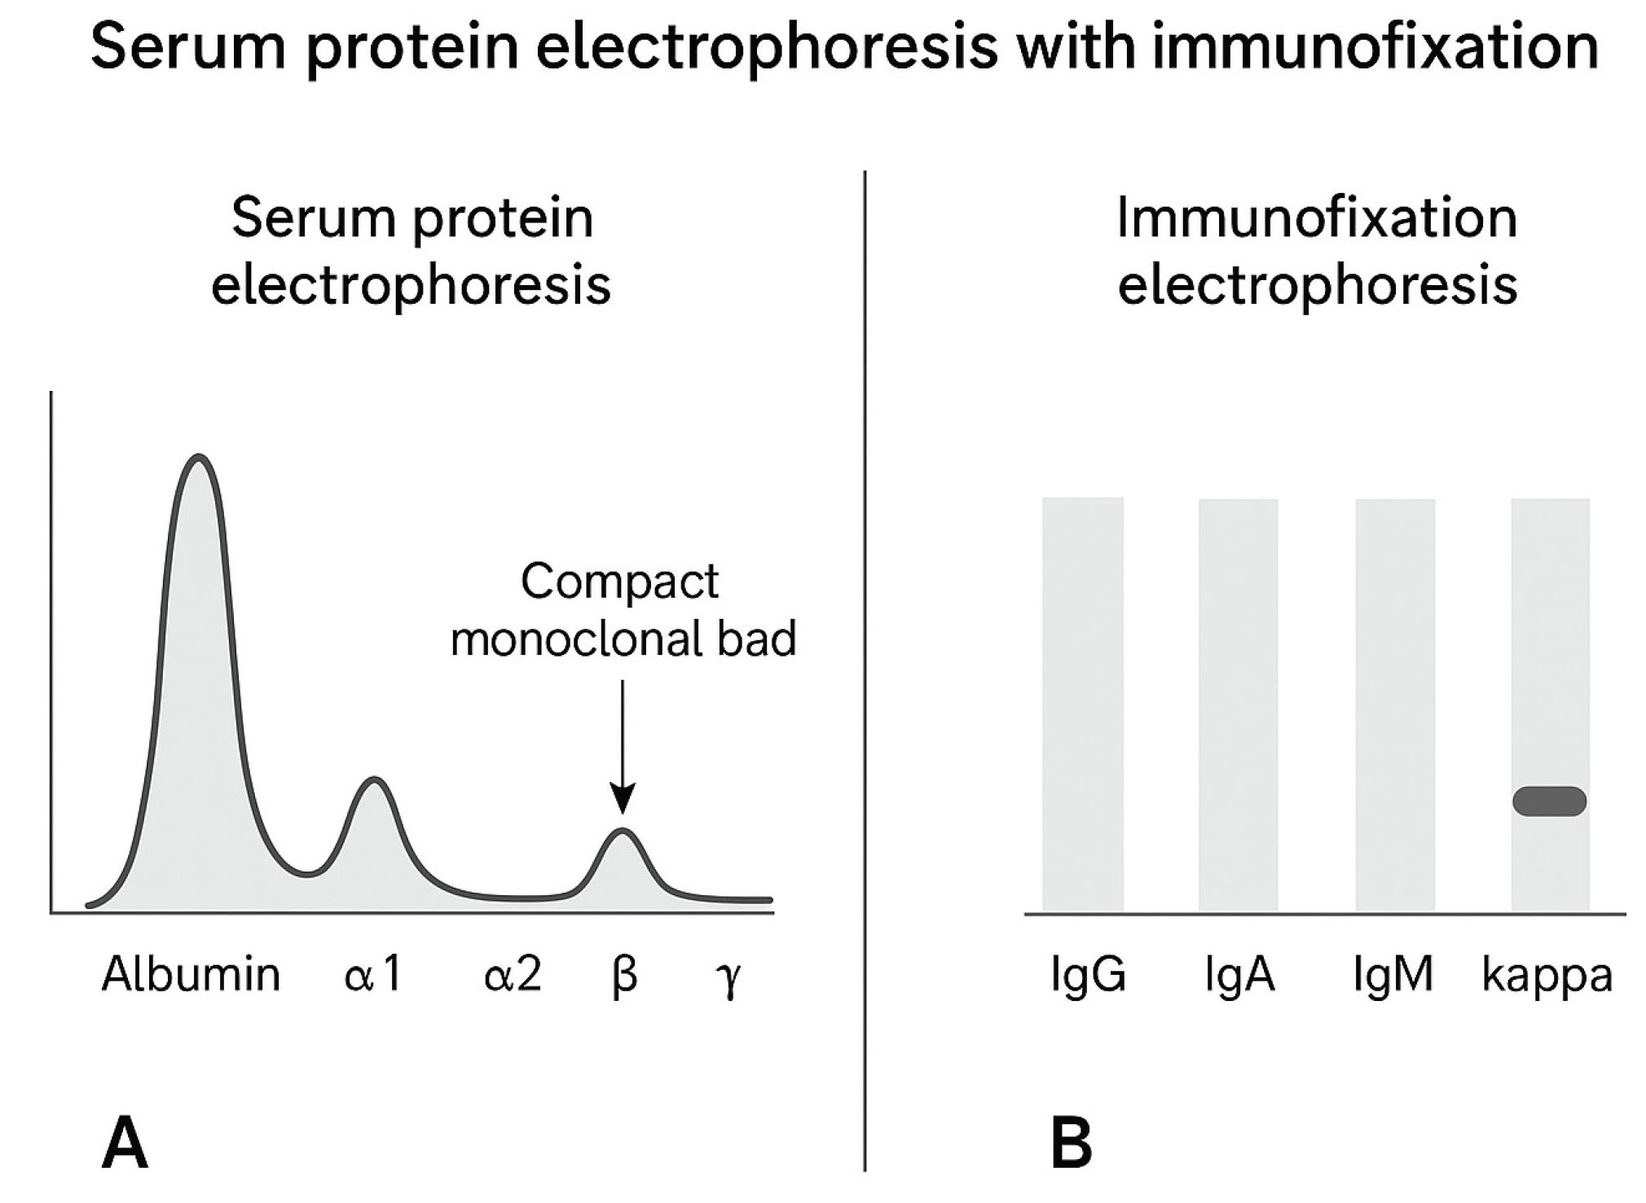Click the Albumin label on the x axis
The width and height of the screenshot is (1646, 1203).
191,974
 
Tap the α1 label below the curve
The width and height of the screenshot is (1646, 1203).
373,974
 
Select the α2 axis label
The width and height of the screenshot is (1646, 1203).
512,974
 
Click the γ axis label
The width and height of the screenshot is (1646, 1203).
730,977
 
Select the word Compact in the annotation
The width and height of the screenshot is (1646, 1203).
619,582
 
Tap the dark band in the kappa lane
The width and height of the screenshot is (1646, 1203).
1549,801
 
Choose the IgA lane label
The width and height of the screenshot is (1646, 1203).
1239,974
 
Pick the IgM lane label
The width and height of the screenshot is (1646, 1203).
1393,974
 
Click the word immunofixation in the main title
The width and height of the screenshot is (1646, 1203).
1375,46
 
